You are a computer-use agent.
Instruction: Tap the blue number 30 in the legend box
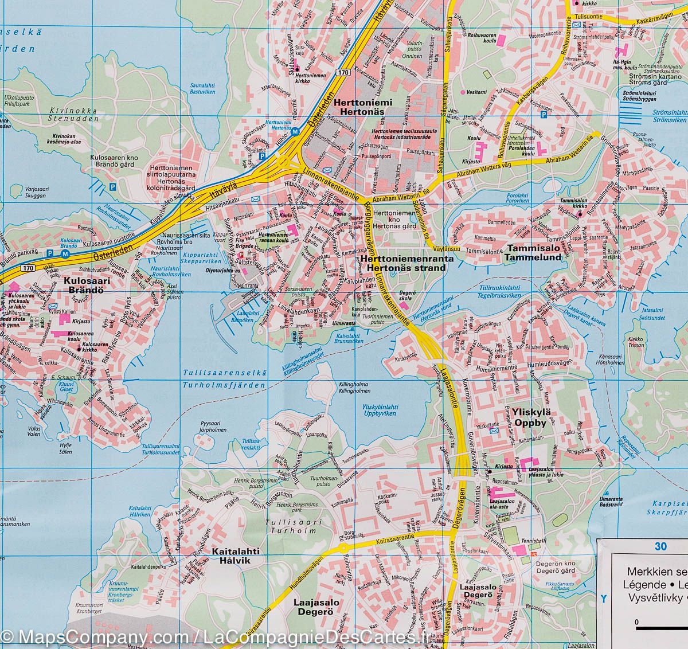point(661,546)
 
